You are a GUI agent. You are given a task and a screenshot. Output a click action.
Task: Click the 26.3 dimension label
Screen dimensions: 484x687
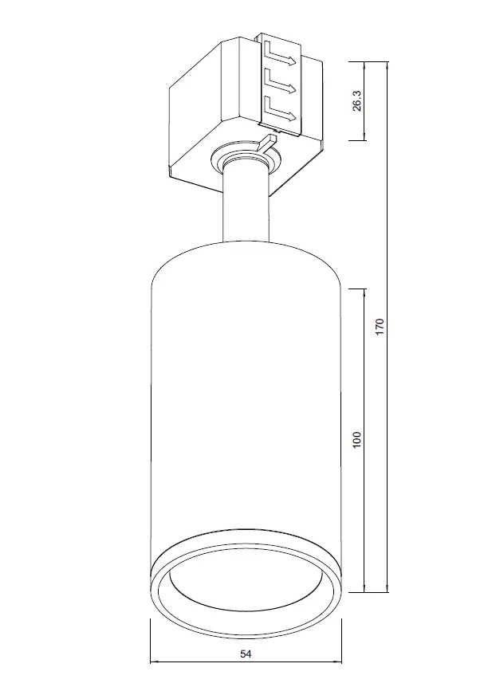point(356,100)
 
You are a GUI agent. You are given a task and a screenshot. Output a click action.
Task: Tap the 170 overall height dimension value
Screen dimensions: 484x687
point(380,327)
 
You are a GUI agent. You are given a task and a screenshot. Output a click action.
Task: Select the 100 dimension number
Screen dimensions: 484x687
point(357,439)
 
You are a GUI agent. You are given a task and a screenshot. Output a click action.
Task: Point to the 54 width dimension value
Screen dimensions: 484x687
point(246,654)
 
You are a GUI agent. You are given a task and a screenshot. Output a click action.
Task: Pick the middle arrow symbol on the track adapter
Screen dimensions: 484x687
point(280,83)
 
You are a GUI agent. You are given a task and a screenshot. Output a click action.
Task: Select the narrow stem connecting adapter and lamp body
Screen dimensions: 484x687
point(246,204)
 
